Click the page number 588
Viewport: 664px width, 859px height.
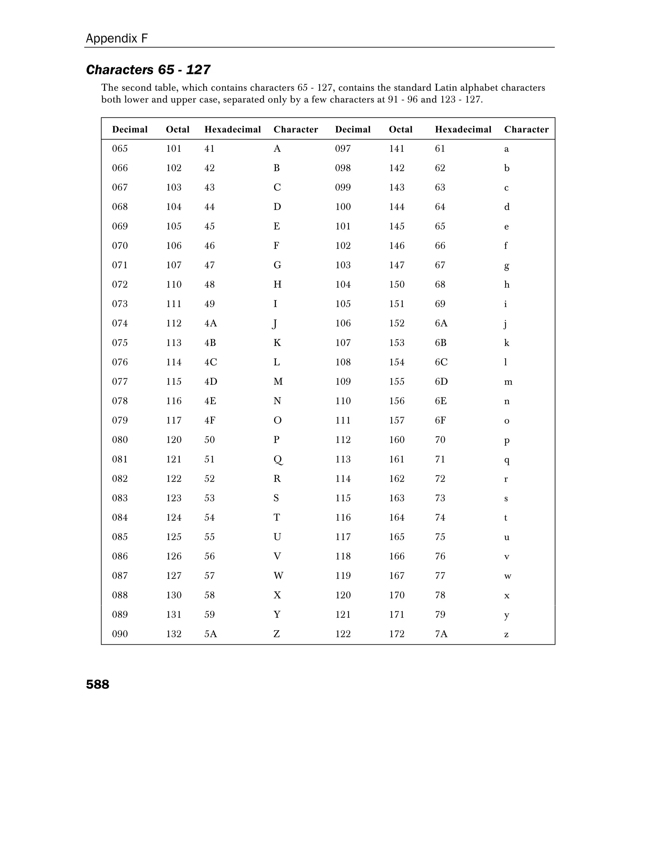(98, 685)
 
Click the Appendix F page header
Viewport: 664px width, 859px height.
(117, 39)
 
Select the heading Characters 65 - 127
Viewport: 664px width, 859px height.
(148, 70)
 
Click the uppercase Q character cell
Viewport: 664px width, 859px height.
(278, 459)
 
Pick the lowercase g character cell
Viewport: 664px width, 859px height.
(507, 266)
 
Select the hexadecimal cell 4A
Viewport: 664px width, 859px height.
(210, 323)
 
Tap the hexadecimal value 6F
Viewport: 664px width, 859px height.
(440, 420)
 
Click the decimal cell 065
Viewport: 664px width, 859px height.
(120, 149)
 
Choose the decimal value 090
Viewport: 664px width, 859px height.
(120, 634)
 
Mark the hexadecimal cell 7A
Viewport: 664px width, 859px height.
(441, 634)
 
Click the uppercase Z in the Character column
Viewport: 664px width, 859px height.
(277, 634)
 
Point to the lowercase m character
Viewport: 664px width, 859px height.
(508, 382)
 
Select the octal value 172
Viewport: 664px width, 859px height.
(397, 634)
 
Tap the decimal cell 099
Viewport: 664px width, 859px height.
(343, 187)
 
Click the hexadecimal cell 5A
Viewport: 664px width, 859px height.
(210, 634)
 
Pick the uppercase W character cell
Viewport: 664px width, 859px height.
(278, 576)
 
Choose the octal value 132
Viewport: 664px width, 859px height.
(173, 634)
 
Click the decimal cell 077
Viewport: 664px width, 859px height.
(120, 382)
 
